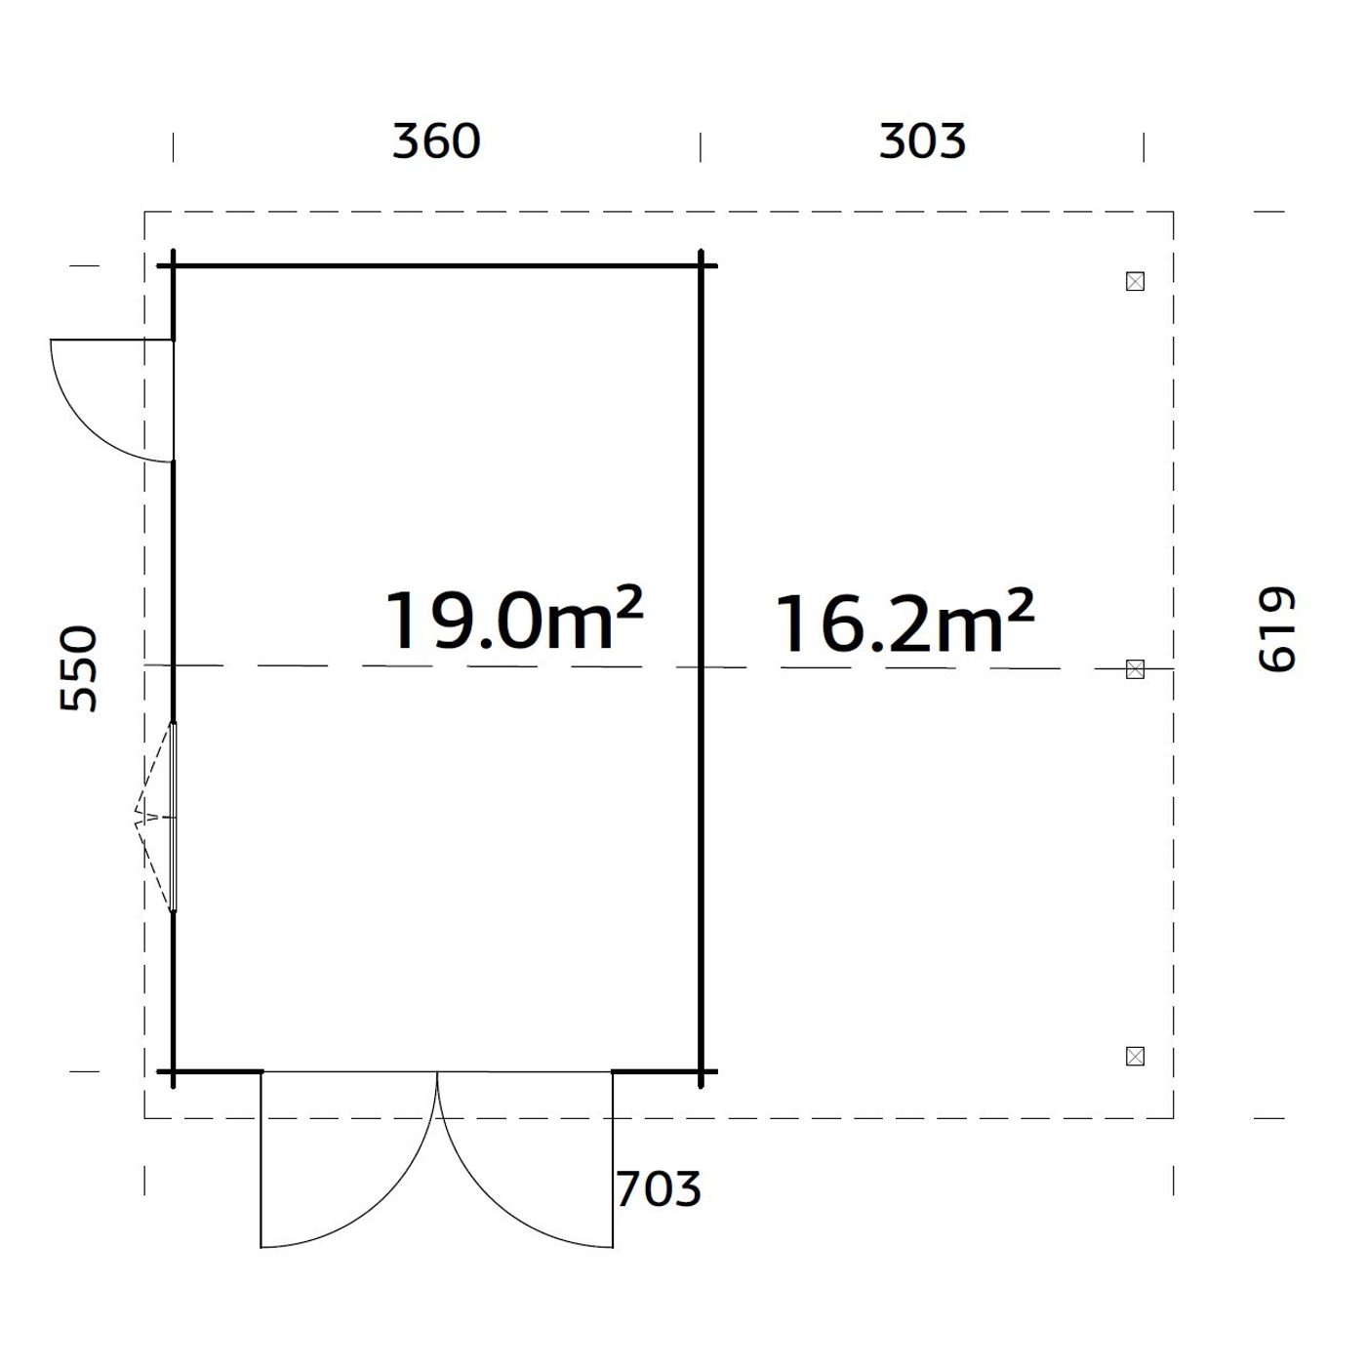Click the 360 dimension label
pos(436,141)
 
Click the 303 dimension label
pos(922,141)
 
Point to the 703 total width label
pos(659,1189)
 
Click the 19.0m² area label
pos(514,621)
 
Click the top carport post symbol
pos(1135,282)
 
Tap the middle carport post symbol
pos(1135,669)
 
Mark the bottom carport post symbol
pos(1135,1056)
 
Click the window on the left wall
pos(173,817)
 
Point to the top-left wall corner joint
pos(174,265)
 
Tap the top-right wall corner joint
pos(702,265)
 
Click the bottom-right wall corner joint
pos(702,1071)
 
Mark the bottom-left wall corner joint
pos(174,1071)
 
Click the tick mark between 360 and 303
pos(701,147)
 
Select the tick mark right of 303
pos(1144,147)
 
